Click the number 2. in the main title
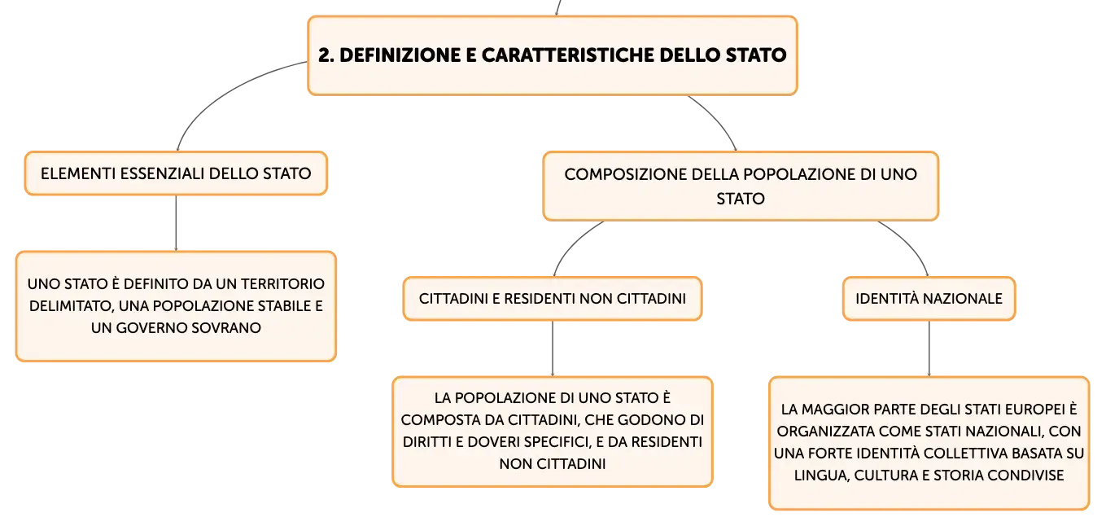click(x=326, y=55)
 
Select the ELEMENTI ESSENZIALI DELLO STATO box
click(x=176, y=173)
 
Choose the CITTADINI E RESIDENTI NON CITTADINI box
click(x=553, y=298)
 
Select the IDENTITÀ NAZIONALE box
click(x=929, y=298)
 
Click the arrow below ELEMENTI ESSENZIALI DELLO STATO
click(x=176, y=223)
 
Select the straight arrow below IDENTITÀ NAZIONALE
click(x=929, y=348)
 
